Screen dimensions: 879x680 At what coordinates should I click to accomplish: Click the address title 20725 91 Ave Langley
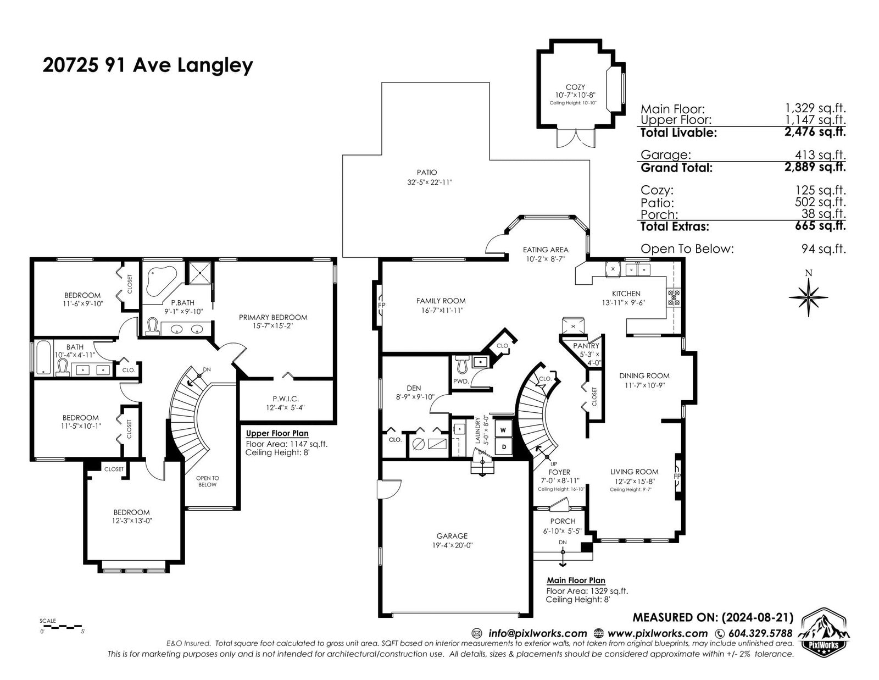click(x=148, y=65)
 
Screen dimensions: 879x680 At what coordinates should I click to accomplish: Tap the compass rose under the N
click(x=808, y=297)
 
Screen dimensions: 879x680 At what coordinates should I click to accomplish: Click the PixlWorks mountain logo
click(x=826, y=635)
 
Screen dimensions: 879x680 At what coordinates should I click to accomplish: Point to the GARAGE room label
click(x=452, y=536)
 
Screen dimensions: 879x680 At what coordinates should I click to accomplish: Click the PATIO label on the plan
click(x=427, y=173)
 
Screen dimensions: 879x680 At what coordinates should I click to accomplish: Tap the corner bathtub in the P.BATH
click(x=161, y=280)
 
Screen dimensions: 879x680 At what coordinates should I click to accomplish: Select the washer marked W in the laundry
click(x=503, y=430)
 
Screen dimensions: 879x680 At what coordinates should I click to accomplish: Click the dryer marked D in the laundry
click(x=504, y=447)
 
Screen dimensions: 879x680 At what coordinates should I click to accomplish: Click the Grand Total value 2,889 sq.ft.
click(x=815, y=167)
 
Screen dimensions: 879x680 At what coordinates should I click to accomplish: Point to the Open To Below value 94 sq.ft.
click(x=824, y=248)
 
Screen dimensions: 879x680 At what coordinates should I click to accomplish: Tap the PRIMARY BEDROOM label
click(x=273, y=317)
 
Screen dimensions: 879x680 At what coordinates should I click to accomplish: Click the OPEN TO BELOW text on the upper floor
click(x=208, y=481)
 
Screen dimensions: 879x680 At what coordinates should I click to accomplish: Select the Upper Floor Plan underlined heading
click(x=277, y=434)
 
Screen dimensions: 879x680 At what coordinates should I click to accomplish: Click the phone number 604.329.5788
click(x=760, y=633)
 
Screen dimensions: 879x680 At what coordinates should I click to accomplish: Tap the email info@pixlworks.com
click(x=538, y=633)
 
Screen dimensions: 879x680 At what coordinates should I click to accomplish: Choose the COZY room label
click(x=575, y=87)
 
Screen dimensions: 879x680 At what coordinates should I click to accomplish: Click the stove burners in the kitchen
click(x=674, y=297)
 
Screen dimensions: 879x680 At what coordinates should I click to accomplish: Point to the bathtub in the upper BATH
click(x=43, y=357)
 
